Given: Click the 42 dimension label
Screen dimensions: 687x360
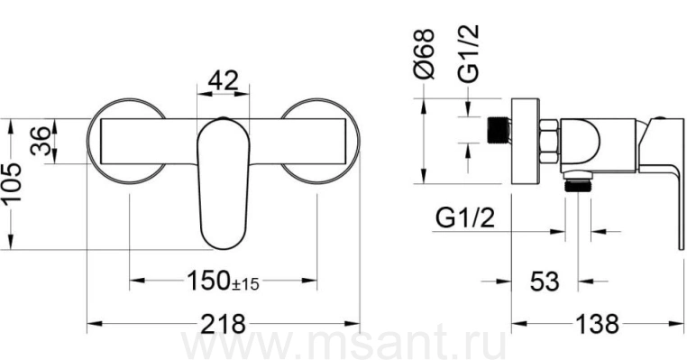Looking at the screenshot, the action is click(223, 80).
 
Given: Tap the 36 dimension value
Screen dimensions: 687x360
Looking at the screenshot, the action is click(41, 141).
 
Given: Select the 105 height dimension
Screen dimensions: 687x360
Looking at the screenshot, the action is click(11, 183).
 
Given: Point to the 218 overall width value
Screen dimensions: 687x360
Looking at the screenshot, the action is click(223, 324).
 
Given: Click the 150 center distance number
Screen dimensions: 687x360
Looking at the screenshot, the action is click(209, 281).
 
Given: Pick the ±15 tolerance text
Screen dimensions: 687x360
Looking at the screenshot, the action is click(245, 284).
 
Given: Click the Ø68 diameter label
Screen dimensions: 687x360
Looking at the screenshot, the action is click(424, 54).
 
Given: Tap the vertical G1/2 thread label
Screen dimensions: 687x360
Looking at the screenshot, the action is click(468, 53).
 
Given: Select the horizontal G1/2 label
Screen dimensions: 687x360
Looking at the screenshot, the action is click(465, 217).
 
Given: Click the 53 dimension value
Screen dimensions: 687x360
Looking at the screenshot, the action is click(545, 282).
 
